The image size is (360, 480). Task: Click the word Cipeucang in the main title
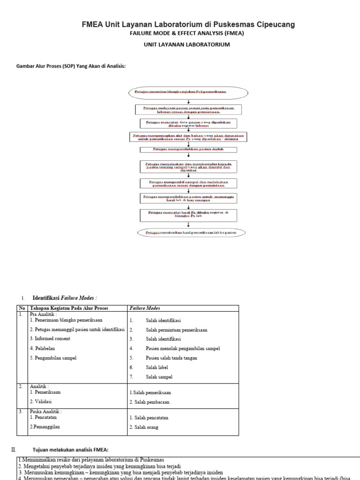pos(274,24)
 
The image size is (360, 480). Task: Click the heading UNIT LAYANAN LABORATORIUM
pos(187,45)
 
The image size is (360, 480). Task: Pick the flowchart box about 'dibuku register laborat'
pos(188,124)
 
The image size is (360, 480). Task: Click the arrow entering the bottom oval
pos(188,225)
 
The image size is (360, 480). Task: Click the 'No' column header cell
pos(22,308)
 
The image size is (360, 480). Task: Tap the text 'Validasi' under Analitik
pos(43,402)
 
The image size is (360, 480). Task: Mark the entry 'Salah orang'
pos(146,427)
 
